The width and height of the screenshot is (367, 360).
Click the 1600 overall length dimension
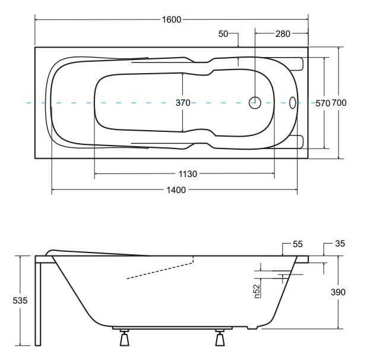click(172, 20)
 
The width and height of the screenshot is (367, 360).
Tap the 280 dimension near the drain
click(283, 34)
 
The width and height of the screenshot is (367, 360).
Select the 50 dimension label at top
click(223, 34)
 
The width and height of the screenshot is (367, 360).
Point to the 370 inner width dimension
click(183, 103)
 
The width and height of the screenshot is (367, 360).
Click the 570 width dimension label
click(323, 103)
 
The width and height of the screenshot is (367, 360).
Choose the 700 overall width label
click(339, 103)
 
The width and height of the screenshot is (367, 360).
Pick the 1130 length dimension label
click(188, 174)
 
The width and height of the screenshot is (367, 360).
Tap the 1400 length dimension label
click(176, 190)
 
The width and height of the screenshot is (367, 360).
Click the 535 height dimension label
click(20, 301)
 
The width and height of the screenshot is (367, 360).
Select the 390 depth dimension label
click(338, 292)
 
